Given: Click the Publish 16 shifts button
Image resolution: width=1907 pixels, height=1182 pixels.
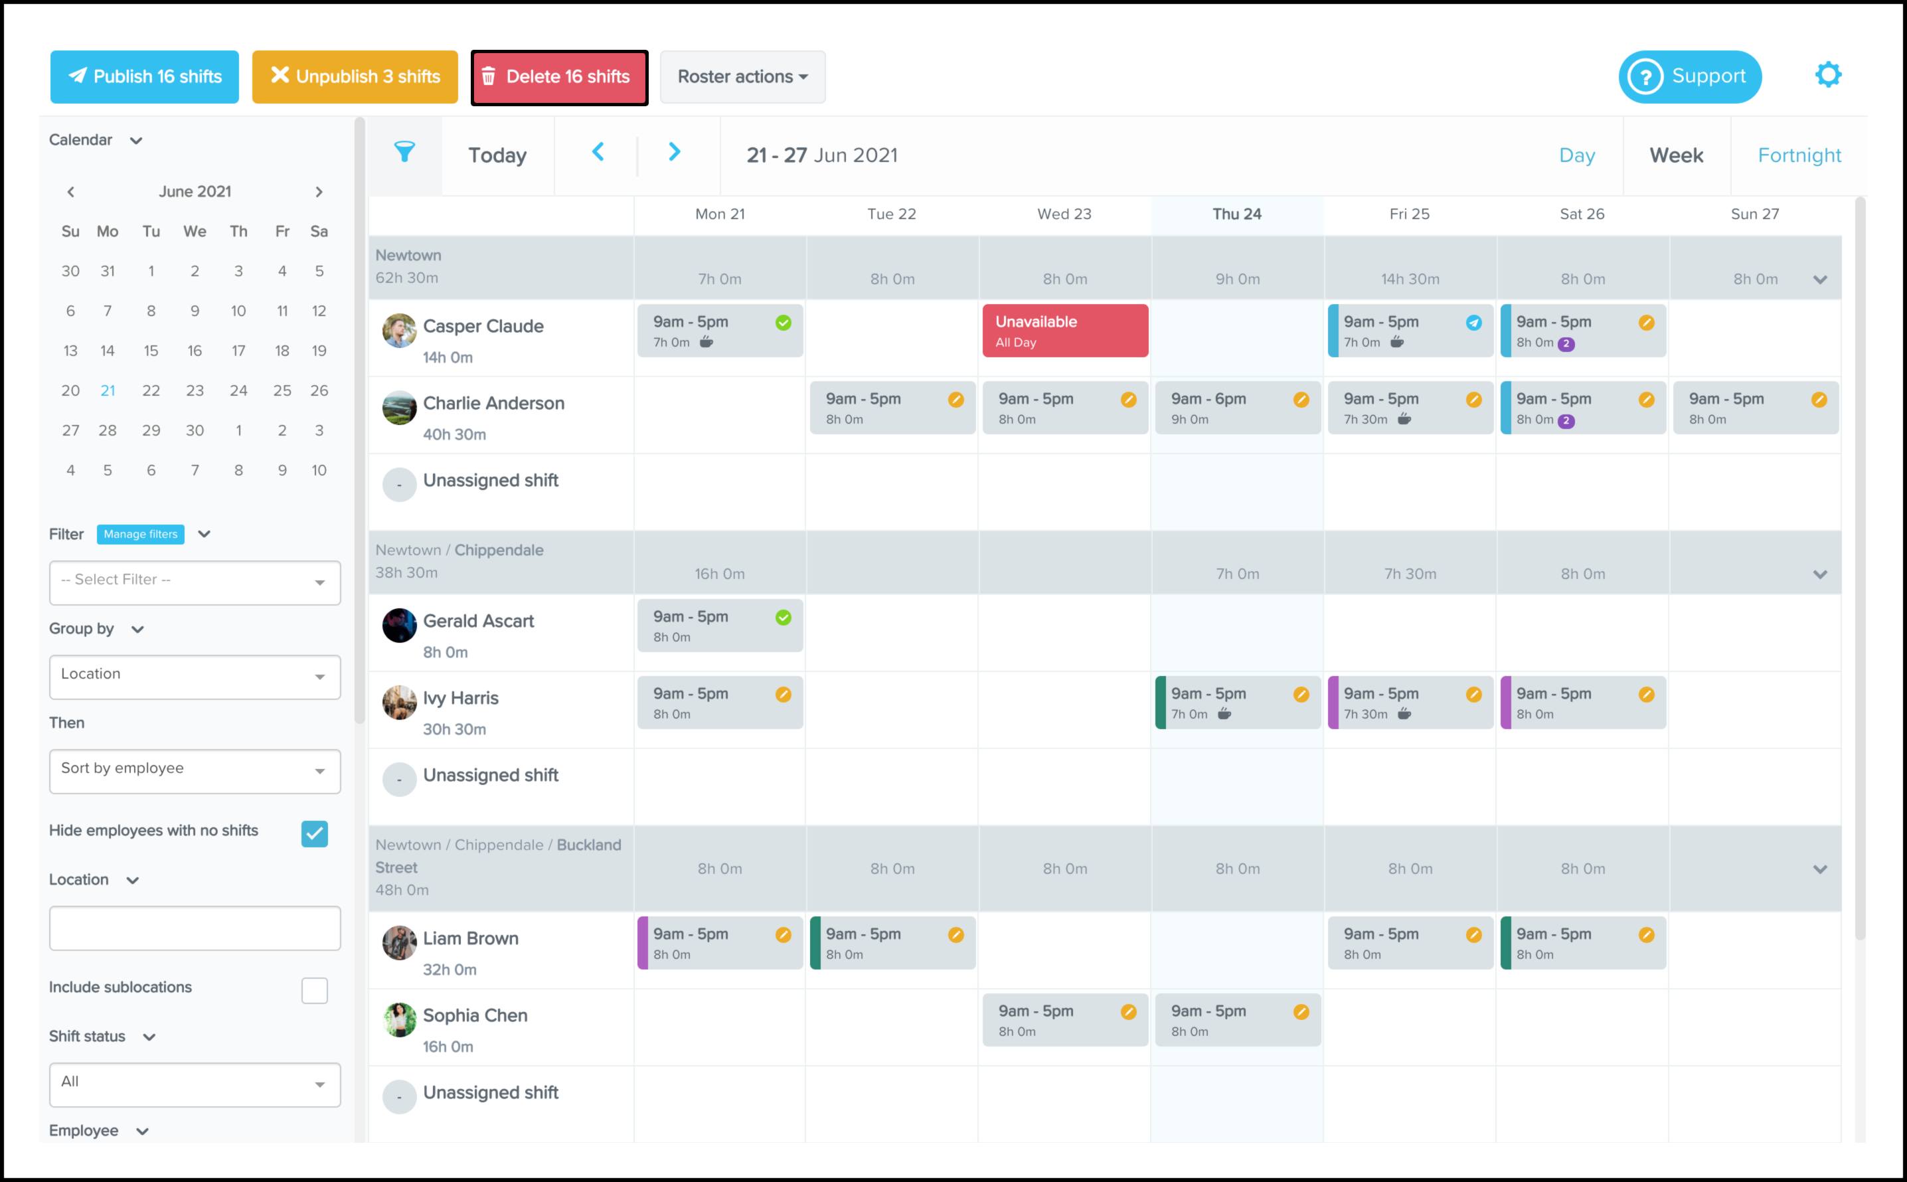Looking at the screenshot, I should pyautogui.click(x=145, y=76).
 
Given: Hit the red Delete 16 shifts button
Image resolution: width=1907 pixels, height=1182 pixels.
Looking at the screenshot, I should pyautogui.click(x=559, y=76).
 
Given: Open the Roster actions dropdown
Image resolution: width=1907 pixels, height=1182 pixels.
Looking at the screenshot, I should pyautogui.click(x=742, y=76).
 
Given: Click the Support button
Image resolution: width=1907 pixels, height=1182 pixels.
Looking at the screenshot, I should pyautogui.click(x=1689, y=76).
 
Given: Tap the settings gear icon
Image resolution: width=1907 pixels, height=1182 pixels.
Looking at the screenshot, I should pyautogui.click(x=1827, y=75).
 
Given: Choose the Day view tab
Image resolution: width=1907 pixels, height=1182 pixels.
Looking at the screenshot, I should pyautogui.click(x=1576, y=155).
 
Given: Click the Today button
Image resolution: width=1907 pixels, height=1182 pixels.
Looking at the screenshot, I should pyautogui.click(x=497, y=155).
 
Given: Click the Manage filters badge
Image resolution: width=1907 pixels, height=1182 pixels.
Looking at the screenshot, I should pyautogui.click(x=141, y=534).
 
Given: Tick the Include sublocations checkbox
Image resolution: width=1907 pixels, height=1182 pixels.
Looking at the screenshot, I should pyautogui.click(x=314, y=991).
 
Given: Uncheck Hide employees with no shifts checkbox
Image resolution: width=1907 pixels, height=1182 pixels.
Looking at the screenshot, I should pyautogui.click(x=314, y=833).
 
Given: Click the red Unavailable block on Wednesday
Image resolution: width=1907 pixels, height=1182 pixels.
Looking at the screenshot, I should pyautogui.click(x=1064, y=331).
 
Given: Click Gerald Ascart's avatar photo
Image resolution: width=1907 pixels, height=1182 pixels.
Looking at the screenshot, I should pyautogui.click(x=398, y=626).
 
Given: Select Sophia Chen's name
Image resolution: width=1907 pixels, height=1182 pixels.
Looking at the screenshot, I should pyautogui.click(x=475, y=1015).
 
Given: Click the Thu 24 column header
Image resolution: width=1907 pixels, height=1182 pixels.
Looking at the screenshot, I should pyautogui.click(x=1236, y=214).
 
